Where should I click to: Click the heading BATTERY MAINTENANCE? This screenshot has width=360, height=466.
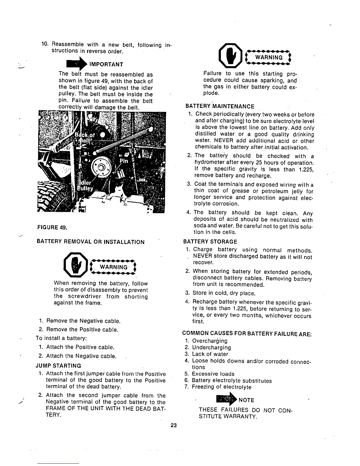point(220,106)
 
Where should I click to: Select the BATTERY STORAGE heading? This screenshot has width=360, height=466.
point(210,242)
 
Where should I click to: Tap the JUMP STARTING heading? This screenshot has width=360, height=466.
point(58,366)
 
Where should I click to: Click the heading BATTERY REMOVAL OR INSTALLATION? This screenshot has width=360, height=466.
point(90,242)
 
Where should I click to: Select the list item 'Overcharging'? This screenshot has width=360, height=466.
point(209,341)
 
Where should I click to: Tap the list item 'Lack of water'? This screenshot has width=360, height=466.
point(210,354)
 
